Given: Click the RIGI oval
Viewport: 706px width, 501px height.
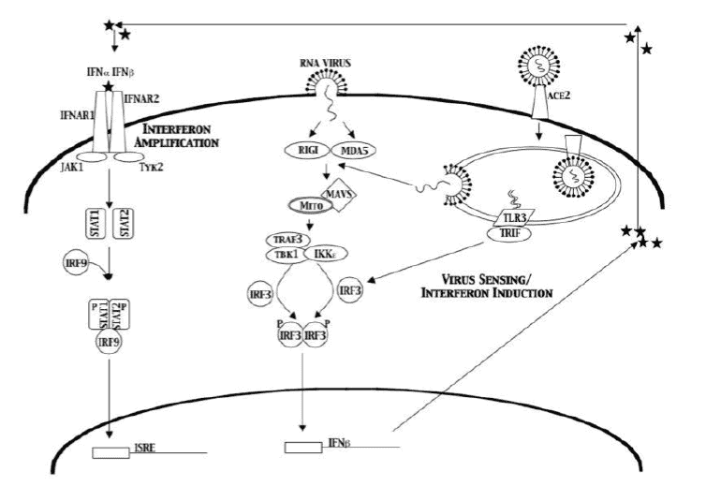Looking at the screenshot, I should pos(306,148).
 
